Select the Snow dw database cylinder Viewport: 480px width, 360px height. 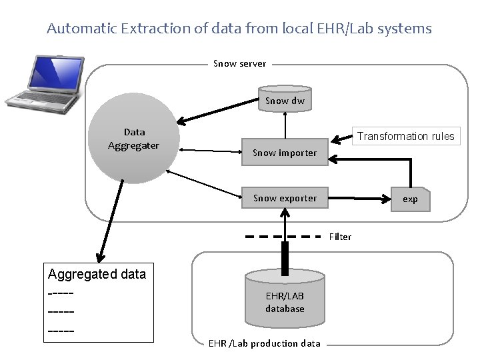pyautogui.click(x=285, y=99)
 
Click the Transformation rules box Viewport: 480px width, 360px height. pyautogui.click(x=405, y=136)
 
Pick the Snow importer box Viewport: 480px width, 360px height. pyautogui.click(x=285, y=153)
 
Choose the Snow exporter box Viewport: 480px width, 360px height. pyautogui.click(x=285, y=198)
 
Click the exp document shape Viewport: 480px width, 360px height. pyautogui.click(x=410, y=199)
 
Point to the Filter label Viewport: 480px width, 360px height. pyautogui.click(x=340, y=237)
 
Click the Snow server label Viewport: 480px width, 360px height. pyautogui.click(x=239, y=64)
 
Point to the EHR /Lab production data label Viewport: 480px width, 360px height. pyautogui.click(x=265, y=343)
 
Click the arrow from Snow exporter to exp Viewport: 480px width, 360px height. pyautogui.click(x=363, y=198)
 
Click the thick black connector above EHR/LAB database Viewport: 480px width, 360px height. pyautogui.click(x=285, y=257)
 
